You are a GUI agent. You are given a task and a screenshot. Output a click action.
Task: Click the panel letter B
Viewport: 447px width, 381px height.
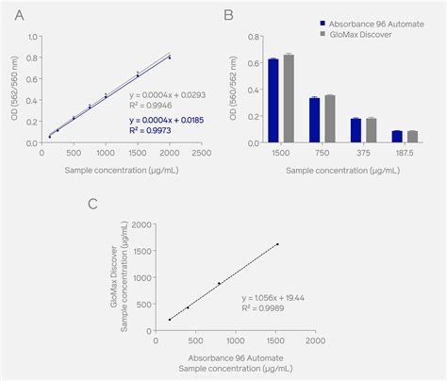point(229,15)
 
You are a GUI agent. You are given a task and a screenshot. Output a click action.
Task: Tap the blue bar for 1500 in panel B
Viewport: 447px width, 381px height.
point(273,99)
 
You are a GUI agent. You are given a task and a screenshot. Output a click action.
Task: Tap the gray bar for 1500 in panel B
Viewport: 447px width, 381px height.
point(289,97)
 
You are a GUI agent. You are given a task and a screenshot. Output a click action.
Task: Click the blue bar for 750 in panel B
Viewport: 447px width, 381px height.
point(315,119)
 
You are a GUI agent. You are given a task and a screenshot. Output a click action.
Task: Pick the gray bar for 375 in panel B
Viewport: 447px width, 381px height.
point(372,129)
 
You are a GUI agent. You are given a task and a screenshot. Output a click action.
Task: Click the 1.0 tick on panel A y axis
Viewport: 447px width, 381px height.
point(32,38)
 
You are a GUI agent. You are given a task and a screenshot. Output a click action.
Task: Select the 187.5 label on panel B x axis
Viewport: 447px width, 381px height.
point(405,152)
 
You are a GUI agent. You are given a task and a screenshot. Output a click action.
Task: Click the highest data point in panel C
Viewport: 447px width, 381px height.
point(277,244)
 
